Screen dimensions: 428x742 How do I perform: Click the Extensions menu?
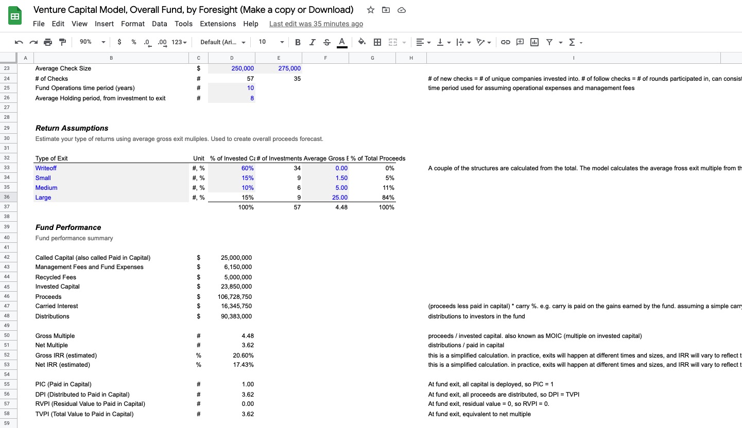point(218,24)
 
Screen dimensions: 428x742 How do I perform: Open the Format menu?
point(133,24)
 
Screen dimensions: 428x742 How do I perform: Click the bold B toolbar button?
point(298,42)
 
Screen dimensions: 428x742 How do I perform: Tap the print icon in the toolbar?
point(48,42)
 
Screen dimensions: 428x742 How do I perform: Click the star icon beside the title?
point(371,10)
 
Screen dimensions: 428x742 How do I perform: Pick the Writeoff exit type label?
point(46,168)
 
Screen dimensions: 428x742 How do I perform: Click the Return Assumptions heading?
point(72,128)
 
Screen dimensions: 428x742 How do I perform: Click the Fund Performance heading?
point(68,227)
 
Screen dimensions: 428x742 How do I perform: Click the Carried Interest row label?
point(57,306)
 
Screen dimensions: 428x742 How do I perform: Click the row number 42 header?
point(7,257)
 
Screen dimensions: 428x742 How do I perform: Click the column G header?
point(372,58)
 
